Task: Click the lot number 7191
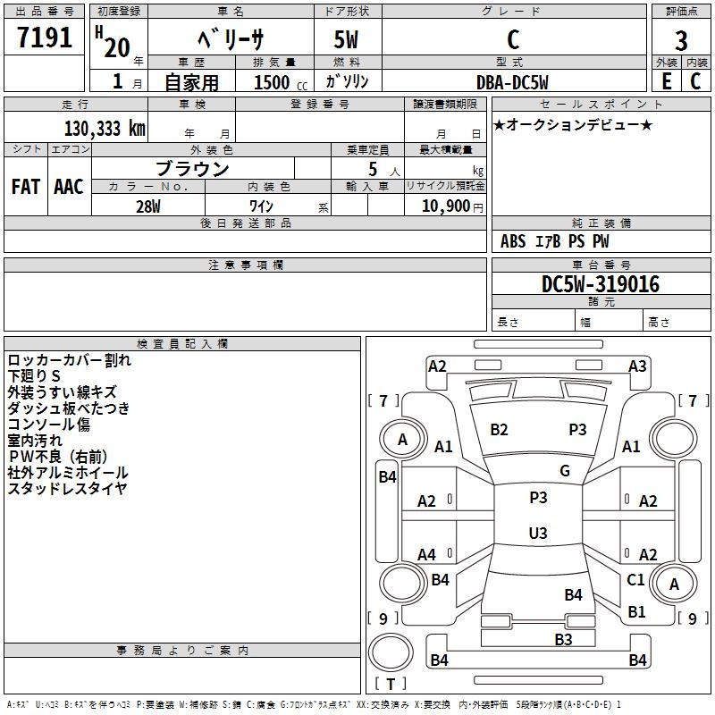pos(45,38)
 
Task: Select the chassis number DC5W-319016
pos(601,284)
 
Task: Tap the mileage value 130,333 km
pos(105,129)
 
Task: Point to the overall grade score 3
pos(681,41)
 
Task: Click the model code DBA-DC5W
pos(512,82)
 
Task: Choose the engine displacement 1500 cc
pos(281,82)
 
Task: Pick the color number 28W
pos(148,206)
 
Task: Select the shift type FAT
pos(26,187)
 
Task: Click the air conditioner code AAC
pos(69,187)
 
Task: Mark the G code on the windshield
pos(565,471)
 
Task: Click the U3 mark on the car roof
pos(538,533)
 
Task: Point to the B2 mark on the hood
pos(499,430)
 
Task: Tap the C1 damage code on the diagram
pos(635,579)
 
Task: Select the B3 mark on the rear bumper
pos(564,640)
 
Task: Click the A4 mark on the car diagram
pos(427,555)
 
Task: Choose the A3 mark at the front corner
pos(637,366)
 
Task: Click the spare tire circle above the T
pos(391,652)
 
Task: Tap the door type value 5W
pos(346,39)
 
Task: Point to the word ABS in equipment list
pos(513,241)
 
